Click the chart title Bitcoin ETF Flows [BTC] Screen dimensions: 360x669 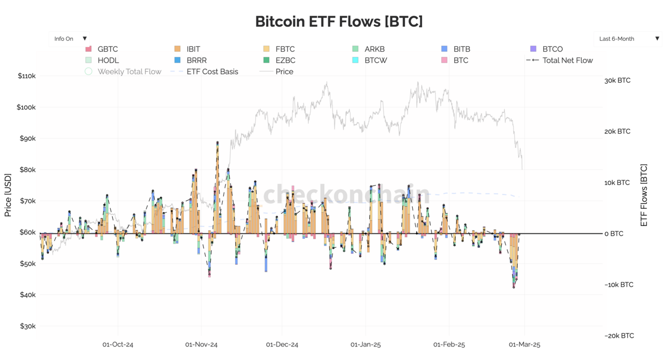pyautogui.click(x=339, y=22)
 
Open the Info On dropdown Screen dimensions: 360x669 pyautogui.click(x=69, y=39)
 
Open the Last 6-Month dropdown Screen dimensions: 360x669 pyautogui.click(x=628, y=39)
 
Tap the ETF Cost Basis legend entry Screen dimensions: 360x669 pyautogui.click(x=212, y=72)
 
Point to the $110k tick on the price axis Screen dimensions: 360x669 pyautogui.click(x=26, y=76)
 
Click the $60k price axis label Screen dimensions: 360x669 pyautogui.click(x=26, y=233)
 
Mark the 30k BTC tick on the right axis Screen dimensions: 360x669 pyautogui.click(x=617, y=81)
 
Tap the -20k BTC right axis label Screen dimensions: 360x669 pyautogui.click(x=618, y=336)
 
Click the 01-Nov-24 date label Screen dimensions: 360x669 pyautogui.click(x=201, y=344)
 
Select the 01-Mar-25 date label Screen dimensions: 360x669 pyautogui.click(x=524, y=344)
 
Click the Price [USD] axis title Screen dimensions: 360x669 pyautogui.click(x=8, y=195)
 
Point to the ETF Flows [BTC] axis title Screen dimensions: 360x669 pyautogui.click(x=644, y=195)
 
